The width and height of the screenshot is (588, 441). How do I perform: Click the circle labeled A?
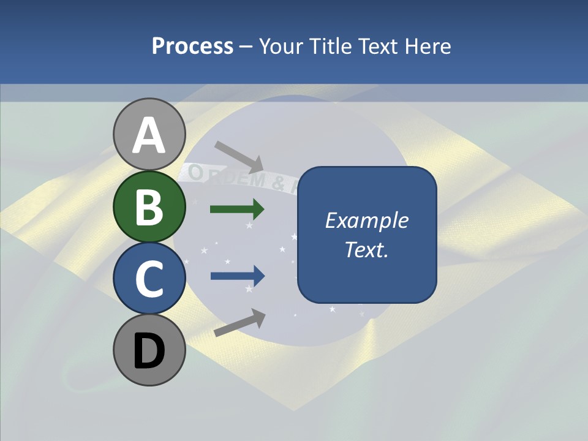[149, 134]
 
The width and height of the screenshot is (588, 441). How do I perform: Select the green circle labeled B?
[149, 206]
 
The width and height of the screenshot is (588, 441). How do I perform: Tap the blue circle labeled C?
[149, 278]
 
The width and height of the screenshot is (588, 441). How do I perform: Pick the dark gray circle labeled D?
[149, 350]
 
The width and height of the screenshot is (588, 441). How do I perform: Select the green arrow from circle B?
[237, 209]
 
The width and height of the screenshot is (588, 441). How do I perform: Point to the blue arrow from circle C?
[237, 276]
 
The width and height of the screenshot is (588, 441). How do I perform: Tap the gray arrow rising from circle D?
[239, 323]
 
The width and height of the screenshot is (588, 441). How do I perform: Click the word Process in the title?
[192, 46]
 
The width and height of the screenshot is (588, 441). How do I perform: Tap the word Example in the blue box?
[366, 221]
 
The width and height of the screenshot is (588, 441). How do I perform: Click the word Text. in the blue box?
[366, 250]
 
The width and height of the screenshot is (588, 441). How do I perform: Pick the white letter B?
[149, 207]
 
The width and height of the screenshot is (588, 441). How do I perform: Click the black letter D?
[149, 351]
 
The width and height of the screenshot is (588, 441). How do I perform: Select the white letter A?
[149, 135]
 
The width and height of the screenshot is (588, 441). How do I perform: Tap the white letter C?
[149, 279]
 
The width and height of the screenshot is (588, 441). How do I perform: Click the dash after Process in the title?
[246, 47]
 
